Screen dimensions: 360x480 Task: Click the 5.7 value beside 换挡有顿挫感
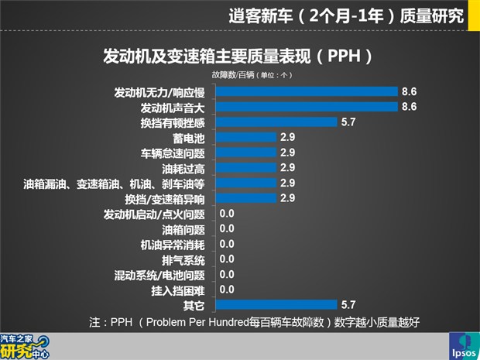coord(348,122)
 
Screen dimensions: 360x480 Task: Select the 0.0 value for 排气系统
coord(227,259)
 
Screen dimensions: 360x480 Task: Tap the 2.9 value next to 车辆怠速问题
coord(288,153)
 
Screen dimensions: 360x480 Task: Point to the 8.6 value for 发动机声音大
coord(409,107)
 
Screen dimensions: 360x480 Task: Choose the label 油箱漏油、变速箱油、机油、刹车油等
coord(114,183)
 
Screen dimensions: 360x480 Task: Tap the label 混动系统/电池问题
coord(159,275)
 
